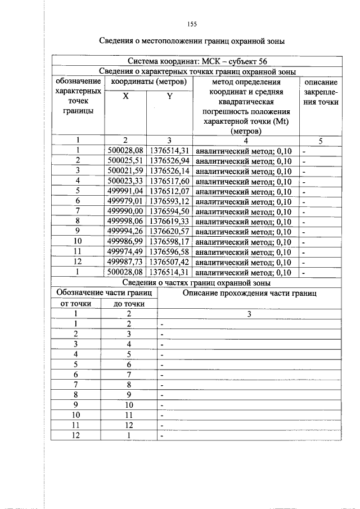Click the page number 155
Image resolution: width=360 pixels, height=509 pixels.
tap(192, 24)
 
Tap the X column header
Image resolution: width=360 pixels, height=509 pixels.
tap(125, 96)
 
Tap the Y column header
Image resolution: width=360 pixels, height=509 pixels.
tap(169, 96)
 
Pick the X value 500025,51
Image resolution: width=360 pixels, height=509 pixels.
tap(125, 161)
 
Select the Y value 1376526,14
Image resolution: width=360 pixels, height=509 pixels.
tap(169, 171)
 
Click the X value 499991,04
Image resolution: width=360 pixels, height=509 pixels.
tap(125, 191)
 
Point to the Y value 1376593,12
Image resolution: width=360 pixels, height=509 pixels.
tap(169, 201)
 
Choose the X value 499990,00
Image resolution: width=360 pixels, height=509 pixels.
tap(125, 211)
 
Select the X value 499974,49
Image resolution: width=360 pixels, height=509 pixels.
tap(125, 252)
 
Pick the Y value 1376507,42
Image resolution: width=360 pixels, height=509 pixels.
tap(169, 262)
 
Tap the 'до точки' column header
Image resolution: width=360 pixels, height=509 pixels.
tap(129, 304)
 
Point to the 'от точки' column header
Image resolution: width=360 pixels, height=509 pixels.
tap(76, 304)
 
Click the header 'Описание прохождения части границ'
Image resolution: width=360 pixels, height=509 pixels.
tap(250, 293)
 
